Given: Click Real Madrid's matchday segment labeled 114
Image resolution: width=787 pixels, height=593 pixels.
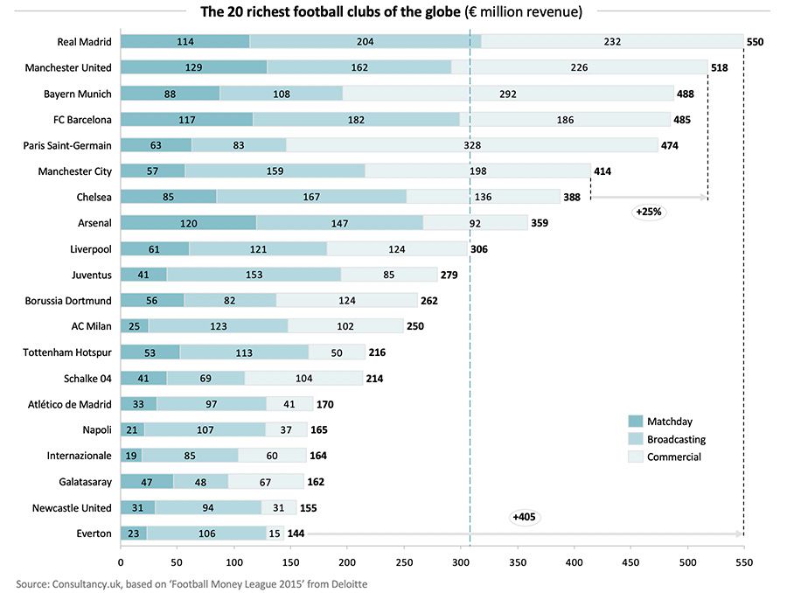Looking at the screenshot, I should click(185, 41).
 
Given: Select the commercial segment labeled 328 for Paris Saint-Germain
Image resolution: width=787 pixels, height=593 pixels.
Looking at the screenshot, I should click(472, 145).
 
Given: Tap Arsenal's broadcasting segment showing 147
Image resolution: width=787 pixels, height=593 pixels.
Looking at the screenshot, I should click(339, 223).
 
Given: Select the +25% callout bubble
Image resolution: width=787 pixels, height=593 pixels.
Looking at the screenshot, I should click(649, 212).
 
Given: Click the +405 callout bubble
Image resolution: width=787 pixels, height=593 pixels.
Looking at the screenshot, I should click(523, 518).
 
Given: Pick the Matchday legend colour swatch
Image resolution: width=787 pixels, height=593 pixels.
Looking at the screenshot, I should click(635, 422).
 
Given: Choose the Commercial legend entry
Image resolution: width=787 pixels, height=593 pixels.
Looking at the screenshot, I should click(673, 457).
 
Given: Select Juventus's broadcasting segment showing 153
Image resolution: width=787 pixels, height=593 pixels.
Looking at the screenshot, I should click(254, 275).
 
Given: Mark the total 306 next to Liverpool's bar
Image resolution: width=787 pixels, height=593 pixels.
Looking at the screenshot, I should click(479, 249).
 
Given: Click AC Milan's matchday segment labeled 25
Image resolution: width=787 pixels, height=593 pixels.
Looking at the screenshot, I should click(134, 326).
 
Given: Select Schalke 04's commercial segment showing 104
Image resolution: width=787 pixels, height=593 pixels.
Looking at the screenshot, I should click(303, 379).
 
